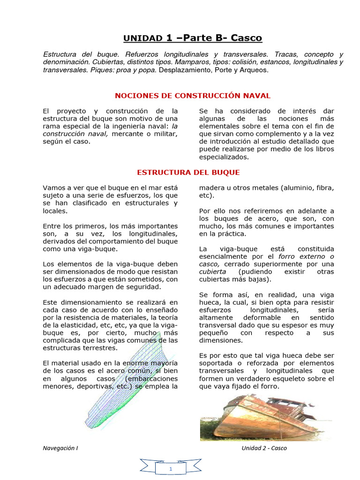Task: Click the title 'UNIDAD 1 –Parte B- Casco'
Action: tap(193, 38)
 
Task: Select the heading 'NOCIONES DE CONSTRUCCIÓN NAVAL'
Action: tap(193, 96)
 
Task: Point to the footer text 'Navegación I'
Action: tap(60, 448)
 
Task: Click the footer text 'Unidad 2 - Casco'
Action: tap(264, 448)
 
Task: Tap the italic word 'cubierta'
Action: tap(212, 272)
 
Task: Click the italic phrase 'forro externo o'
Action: tap(306, 256)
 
